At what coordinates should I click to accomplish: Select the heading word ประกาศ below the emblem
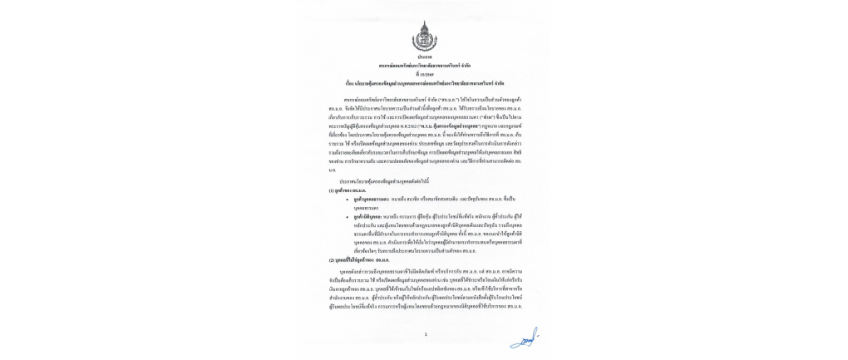424,57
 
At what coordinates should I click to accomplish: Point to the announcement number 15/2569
424,73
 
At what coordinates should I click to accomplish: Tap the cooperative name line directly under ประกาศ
424,65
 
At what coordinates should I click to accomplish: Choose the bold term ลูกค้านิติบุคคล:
368,215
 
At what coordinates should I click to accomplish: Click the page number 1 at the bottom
424,334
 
